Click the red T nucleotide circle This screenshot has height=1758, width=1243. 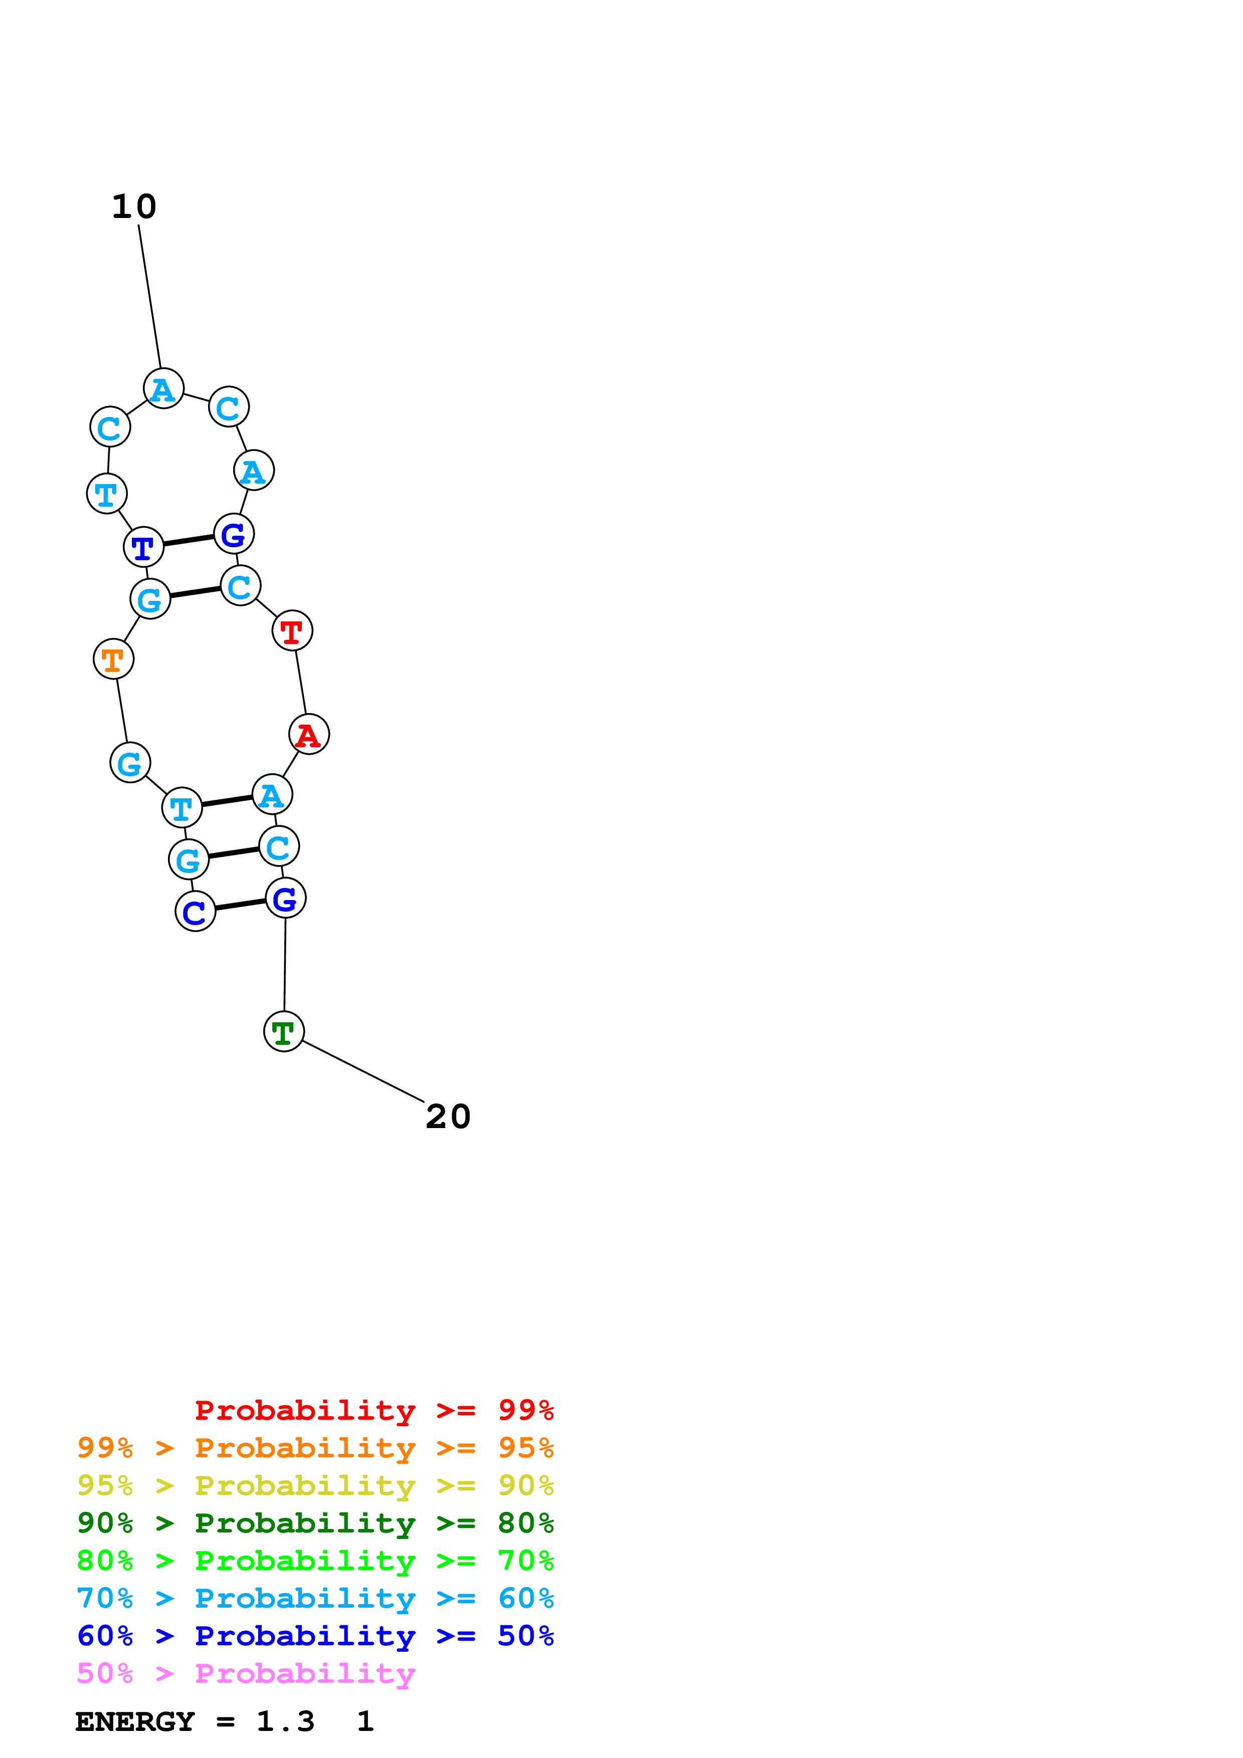pyautogui.click(x=292, y=631)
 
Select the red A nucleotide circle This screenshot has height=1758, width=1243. pyautogui.click(x=309, y=734)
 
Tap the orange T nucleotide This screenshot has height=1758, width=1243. pyautogui.click(x=113, y=658)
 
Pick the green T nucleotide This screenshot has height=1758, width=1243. pyautogui.click(x=284, y=1031)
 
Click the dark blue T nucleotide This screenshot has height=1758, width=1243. pyautogui.click(x=144, y=547)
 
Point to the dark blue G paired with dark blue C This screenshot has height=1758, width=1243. pyautogui.click(x=286, y=898)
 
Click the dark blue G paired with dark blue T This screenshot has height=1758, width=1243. pyautogui.click(x=234, y=534)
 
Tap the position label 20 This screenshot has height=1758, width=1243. pyautogui.click(x=448, y=1117)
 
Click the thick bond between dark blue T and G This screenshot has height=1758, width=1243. pyautogui.click(x=189, y=541)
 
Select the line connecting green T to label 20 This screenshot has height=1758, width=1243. pyautogui.click(x=363, y=1071)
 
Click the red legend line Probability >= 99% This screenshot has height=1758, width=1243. pyautogui.click(x=375, y=1410)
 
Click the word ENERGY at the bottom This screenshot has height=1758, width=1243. pyautogui.click(x=135, y=1722)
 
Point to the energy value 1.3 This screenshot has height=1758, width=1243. pyautogui.click(x=285, y=1722)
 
